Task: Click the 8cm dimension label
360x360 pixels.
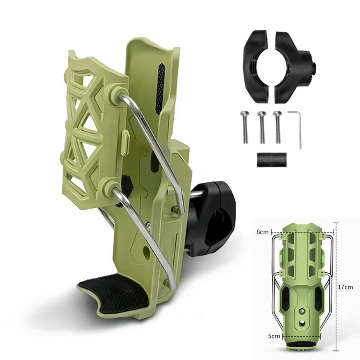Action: point(262,232)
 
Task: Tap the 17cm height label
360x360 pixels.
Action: point(346,287)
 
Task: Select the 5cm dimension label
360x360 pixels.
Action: point(274,336)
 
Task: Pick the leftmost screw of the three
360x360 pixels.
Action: point(245,127)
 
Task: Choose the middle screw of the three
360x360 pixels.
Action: point(262,127)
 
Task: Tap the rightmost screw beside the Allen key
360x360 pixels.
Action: point(278,127)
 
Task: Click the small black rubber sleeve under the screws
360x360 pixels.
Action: point(272,160)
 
